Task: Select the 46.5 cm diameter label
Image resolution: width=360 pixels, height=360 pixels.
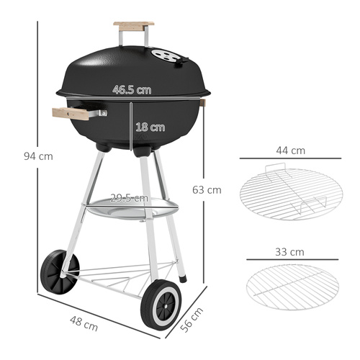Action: pyautogui.click(x=132, y=90)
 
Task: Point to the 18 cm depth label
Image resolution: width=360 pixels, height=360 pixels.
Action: pyautogui.click(x=150, y=127)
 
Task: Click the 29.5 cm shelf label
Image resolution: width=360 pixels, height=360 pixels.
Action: pyautogui.click(x=129, y=198)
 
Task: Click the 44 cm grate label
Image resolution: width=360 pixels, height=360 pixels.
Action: pyautogui.click(x=291, y=151)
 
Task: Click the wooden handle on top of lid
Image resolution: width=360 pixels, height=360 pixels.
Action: pyautogui.click(x=133, y=26)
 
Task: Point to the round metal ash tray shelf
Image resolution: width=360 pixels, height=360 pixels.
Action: pyautogui.click(x=130, y=210)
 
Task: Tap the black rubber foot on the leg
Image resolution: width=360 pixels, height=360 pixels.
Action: pyautogui.click(x=183, y=277)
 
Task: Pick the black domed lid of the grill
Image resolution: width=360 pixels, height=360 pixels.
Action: pyautogui.click(x=133, y=65)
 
